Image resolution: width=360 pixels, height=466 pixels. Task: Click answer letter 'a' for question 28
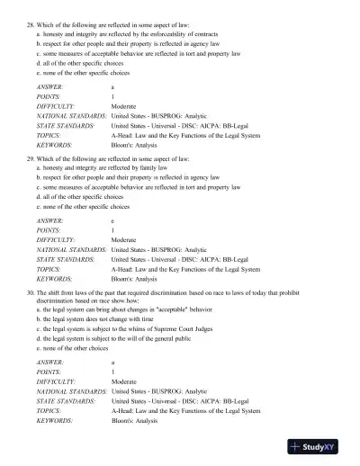click(112, 85)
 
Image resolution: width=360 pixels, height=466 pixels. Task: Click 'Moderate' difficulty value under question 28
click(124, 105)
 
